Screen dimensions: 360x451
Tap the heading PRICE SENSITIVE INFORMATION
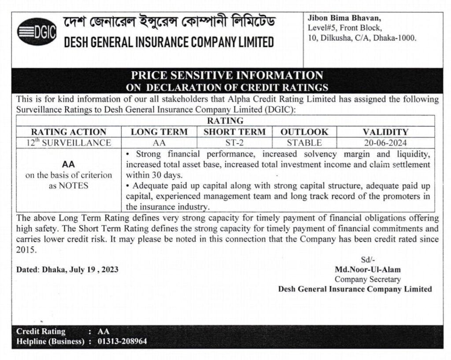point(227,75)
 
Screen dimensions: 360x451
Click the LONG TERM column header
point(159,132)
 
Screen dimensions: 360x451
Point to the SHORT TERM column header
point(234,132)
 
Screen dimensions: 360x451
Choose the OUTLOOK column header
point(304,132)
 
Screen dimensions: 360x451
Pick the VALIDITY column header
point(385,132)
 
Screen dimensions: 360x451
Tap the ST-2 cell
point(234,143)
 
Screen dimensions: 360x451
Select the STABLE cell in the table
point(304,143)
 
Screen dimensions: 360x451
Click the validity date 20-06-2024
point(385,143)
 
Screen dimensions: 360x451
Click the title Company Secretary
point(368,279)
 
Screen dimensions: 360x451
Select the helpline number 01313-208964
point(122,341)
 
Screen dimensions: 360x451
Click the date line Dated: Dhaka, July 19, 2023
point(67,270)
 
